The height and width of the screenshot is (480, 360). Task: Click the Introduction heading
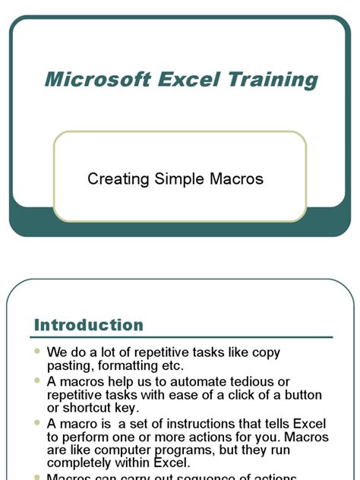click(x=89, y=325)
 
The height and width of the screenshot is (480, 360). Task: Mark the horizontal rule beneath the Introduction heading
click(x=182, y=337)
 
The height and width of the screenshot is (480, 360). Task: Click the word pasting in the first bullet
click(x=69, y=366)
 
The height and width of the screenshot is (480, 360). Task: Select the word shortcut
click(x=87, y=409)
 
